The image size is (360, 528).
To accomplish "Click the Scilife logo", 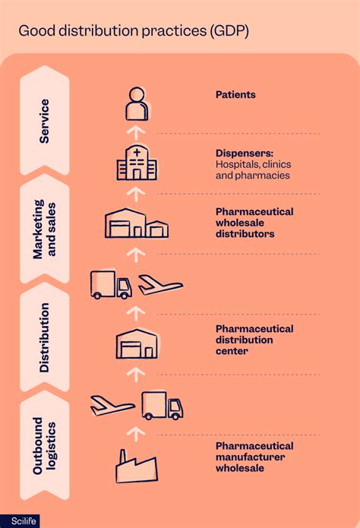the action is click(x=21, y=521).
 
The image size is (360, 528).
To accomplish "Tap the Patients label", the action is click(x=235, y=95).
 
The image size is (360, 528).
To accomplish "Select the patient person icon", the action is click(x=137, y=104).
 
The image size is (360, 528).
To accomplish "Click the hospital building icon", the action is click(x=137, y=163).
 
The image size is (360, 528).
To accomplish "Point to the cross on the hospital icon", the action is click(x=137, y=153).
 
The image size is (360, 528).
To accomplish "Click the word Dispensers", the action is click(x=245, y=153).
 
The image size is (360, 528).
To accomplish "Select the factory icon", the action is click(x=137, y=466).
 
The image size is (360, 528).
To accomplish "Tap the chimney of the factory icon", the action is click(x=123, y=457).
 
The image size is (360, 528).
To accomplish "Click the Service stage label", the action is click(x=45, y=122).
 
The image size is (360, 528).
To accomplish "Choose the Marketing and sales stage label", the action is click(x=45, y=229).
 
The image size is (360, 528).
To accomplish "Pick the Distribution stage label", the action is click(x=45, y=338).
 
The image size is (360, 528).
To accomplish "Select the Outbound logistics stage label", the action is click(x=45, y=446).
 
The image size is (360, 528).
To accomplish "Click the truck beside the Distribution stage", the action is click(x=111, y=285).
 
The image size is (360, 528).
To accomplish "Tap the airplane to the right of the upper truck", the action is click(x=161, y=285).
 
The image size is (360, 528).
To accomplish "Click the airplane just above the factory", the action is click(x=112, y=406).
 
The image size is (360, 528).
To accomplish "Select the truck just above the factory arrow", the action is click(x=163, y=406).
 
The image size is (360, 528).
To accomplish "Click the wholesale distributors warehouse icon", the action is click(x=137, y=223).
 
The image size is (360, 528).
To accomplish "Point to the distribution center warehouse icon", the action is click(x=137, y=344).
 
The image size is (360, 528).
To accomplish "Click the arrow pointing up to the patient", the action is click(x=136, y=133).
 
